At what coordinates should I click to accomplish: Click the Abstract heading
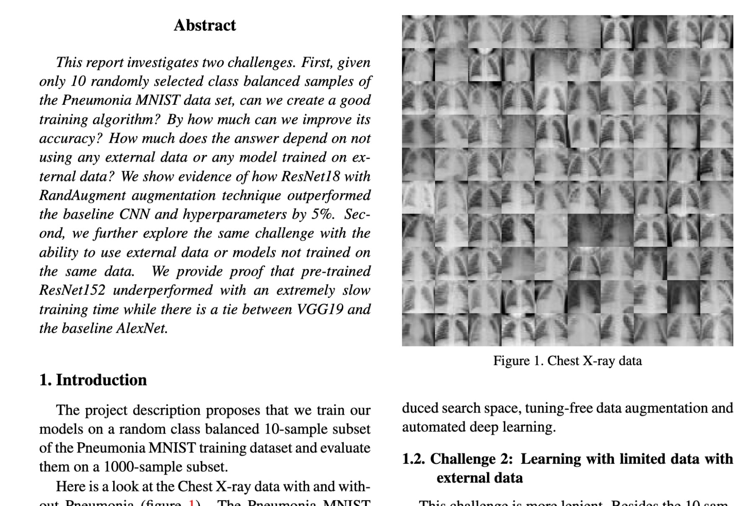tap(205, 25)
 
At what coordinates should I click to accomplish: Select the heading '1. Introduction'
tap(93, 380)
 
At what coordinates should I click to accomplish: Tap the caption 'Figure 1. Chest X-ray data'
tap(567, 361)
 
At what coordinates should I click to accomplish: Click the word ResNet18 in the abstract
tap(310, 176)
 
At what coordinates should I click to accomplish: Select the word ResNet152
tap(72, 290)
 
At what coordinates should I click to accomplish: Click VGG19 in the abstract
tap(320, 309)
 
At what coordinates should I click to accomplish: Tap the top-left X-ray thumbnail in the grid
tap(418, 32)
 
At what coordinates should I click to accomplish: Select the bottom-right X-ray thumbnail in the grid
tap(717, 330)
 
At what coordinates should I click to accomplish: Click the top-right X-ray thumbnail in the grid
tap(717, 32)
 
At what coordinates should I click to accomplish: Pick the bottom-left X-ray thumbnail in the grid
tap(418, 330)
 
